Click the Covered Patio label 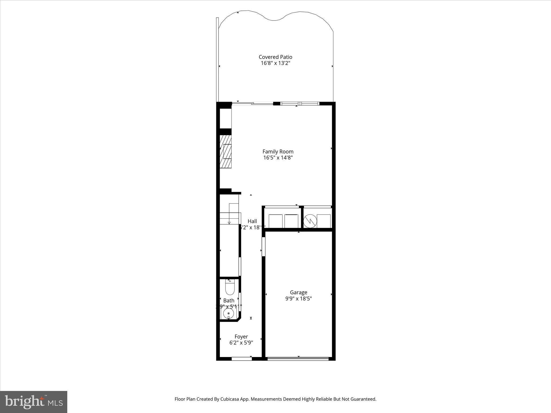coord(275,57)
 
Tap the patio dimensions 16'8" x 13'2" coord(275,63)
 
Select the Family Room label coord(278,152)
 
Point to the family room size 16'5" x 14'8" coord(278,158)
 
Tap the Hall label coord(252,221)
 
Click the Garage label coord(298,292)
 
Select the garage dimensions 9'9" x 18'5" coord(298,299)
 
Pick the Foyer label coord(241,337)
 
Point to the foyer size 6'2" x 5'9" coord(241,343)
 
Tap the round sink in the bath coord(228,313)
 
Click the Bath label coord(229,301)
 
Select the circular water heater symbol coord(310,221)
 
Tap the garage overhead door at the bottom coord(298,358)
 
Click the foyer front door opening coord(242,358)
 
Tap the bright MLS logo coord(34,402)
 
